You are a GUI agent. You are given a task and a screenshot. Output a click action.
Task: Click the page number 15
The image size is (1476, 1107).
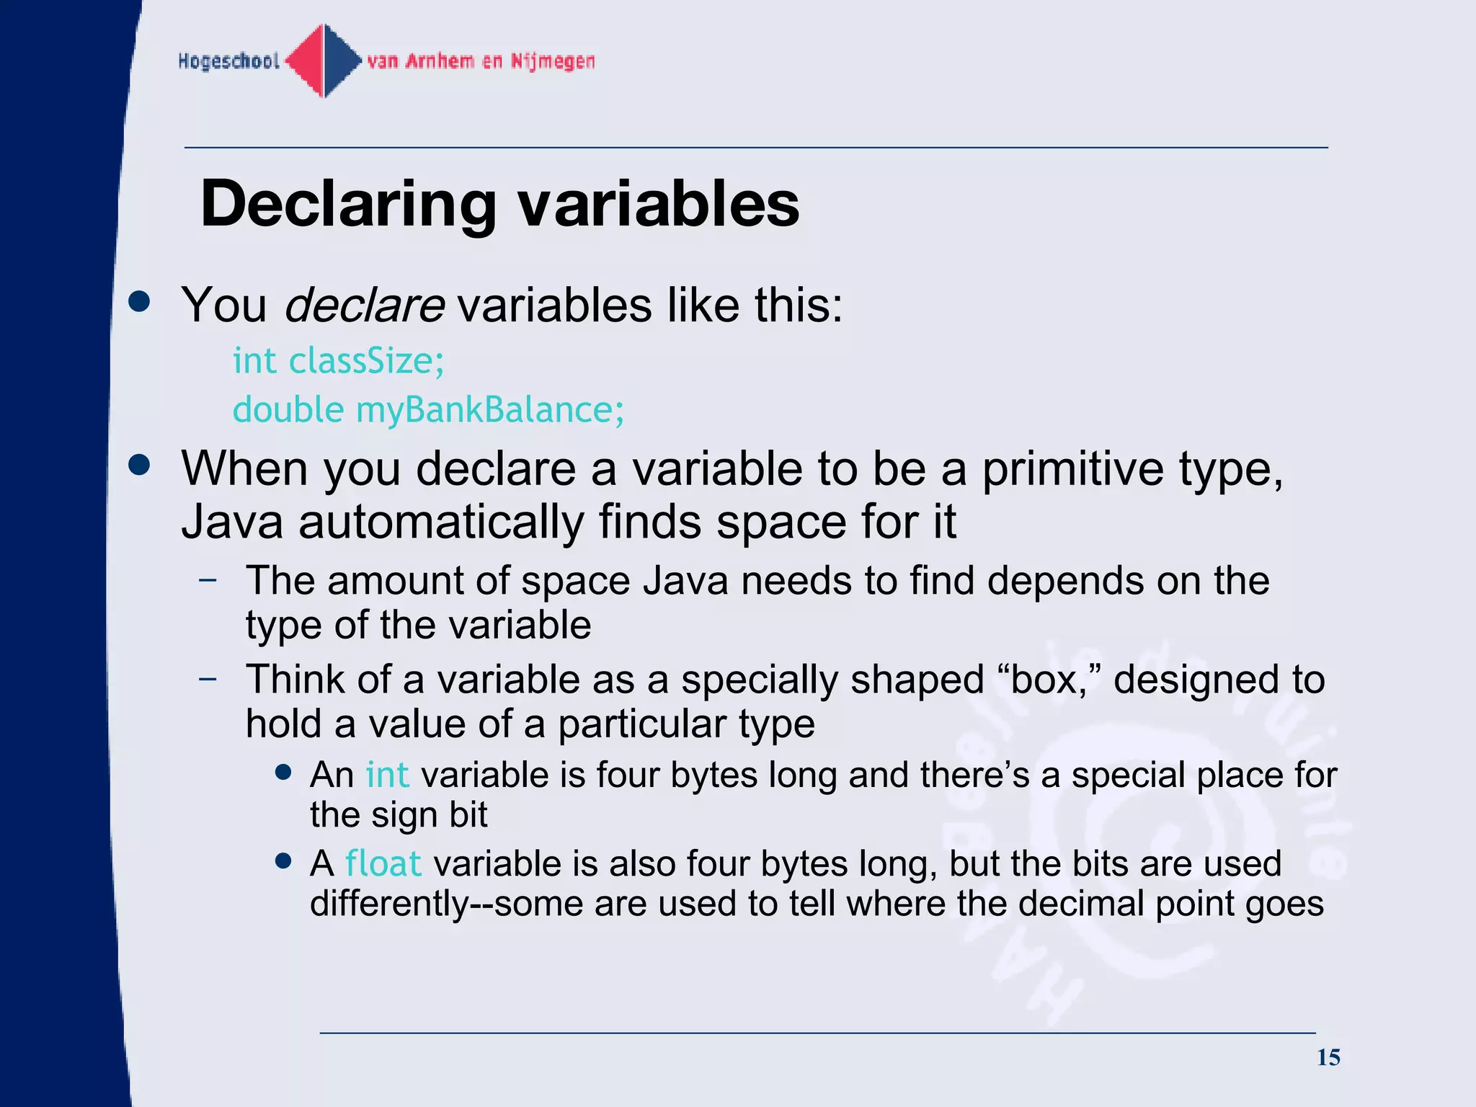coord(1328,1057)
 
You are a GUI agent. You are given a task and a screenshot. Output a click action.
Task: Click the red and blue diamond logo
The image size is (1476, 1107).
coord(324,61)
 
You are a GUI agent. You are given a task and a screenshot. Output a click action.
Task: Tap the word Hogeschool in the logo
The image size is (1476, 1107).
coord(228,61)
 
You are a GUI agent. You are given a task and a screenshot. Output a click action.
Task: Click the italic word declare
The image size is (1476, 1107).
coord(364,305)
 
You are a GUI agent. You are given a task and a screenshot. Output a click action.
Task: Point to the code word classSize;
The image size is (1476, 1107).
coord(366,360)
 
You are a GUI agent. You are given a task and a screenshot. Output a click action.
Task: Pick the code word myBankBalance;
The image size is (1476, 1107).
coord(490,409)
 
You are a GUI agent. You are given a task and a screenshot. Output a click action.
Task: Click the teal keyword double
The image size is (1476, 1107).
coord(288,409)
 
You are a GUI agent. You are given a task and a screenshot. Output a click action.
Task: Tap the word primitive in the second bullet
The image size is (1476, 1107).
coord(1072,469)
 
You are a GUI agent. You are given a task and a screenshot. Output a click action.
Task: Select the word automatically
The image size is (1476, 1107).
coord(441,522)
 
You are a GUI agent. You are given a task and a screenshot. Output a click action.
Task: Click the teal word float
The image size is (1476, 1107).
coord(383,863)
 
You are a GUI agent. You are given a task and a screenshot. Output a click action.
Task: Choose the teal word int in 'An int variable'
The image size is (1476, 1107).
coord(387,775)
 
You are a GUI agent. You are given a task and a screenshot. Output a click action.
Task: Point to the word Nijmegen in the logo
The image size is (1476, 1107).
coord(553,61)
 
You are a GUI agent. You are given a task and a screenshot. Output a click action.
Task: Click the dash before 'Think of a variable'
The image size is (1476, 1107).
coord(208,678)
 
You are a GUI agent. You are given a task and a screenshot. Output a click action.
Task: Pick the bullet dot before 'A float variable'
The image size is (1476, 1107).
coord(283,861)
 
